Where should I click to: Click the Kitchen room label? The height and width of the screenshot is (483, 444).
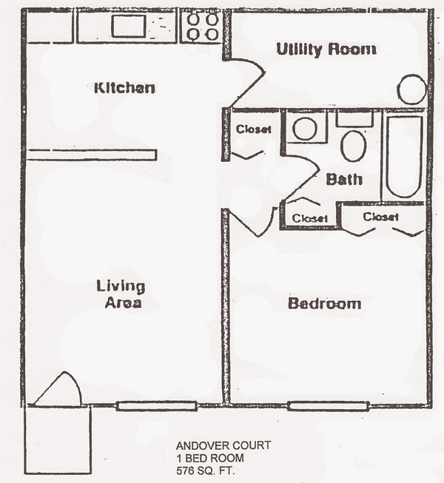[124, 88]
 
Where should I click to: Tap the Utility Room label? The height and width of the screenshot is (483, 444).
[326, 50]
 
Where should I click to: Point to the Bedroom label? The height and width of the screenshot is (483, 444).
[324, 303]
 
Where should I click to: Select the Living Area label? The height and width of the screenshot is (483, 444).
[121, 294]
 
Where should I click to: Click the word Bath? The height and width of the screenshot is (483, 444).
[344, 179]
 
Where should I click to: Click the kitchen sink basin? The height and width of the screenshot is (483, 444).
[129, 26]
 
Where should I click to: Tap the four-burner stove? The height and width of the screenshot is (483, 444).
[201, 27]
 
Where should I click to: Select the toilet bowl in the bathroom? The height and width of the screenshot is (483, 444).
[354, 146]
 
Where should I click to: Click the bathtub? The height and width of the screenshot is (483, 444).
[404, 157]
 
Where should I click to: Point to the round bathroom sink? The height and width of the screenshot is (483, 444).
[305, 129]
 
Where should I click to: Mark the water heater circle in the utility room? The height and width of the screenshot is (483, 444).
[411, 89]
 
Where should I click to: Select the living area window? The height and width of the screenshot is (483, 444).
[157, 406]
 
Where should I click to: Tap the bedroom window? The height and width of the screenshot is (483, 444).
[329, 405]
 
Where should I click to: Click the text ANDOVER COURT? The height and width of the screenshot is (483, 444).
[223, 445]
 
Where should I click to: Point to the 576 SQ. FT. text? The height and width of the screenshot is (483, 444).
[206, 471]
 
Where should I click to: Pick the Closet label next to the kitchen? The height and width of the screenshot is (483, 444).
[253, 129]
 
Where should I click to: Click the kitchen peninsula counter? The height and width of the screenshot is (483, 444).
[92, 155]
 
